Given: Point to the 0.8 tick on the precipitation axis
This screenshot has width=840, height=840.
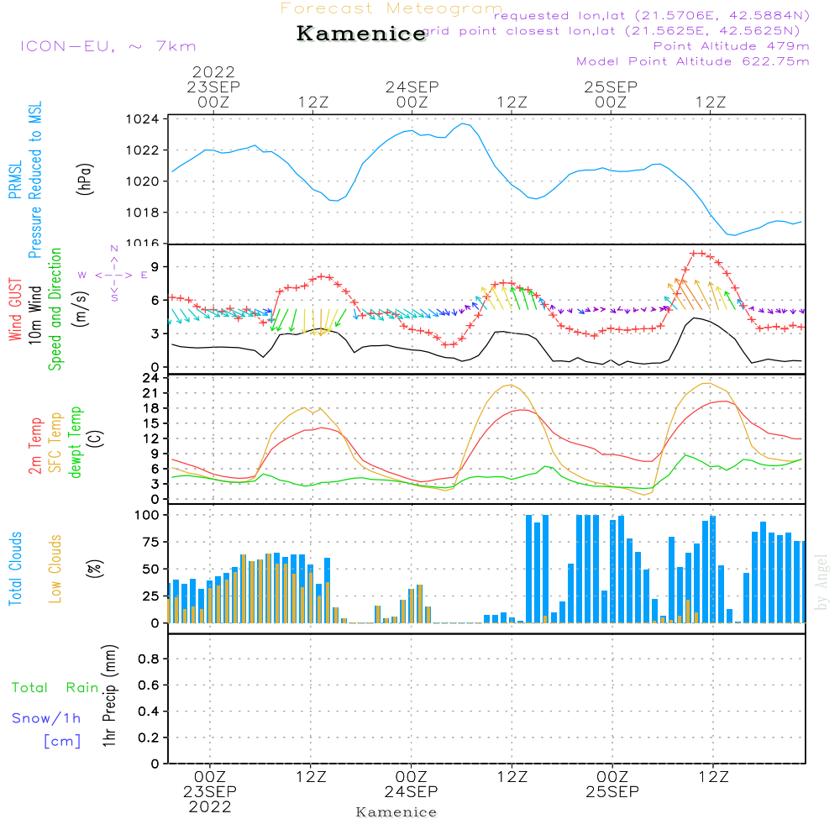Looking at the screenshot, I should (x=148, y=659).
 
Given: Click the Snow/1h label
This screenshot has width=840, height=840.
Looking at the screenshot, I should (x=46, y=718).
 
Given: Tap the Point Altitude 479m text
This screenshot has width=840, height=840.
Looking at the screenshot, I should (x=731, y=45).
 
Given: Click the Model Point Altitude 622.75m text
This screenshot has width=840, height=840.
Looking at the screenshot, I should (x=693, y=61).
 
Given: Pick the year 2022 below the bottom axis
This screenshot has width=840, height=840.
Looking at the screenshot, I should (x=210, y=807).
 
